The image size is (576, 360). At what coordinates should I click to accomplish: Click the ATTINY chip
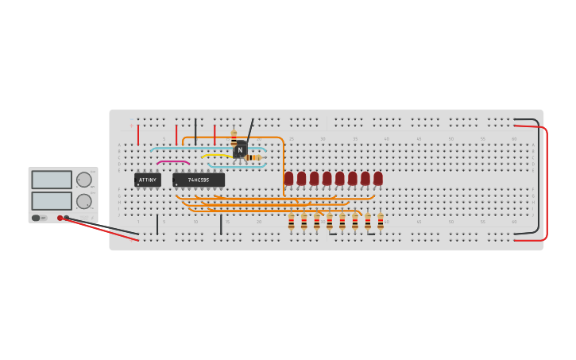coord(148,180)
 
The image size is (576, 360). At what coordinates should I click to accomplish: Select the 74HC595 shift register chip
coord(199,180)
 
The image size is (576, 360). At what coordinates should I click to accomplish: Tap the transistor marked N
coord(240,149)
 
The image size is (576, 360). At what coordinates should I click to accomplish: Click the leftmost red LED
coord(289,178)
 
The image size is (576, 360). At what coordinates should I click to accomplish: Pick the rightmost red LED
coord(378,178)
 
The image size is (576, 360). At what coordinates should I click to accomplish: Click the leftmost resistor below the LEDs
coord(292,222)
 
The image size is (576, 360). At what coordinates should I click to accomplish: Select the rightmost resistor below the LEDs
coord(381,222)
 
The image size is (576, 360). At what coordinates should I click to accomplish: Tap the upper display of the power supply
coord(52,180)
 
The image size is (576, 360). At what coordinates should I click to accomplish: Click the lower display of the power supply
coord(52,200)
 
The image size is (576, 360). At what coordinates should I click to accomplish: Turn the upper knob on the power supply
coord(83,180)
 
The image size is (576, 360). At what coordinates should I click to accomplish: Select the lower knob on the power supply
coord(83,201)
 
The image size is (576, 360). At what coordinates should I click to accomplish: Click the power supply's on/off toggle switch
coord(37,218)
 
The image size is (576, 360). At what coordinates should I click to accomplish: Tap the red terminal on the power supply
coord(60,218)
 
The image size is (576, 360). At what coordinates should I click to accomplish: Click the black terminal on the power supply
coord(67,218)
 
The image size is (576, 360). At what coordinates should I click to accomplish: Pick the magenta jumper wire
coord(172,162)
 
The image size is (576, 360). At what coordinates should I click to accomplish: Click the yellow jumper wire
coord(215,155)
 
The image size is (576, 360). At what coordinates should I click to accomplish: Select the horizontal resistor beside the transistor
coord(253,157)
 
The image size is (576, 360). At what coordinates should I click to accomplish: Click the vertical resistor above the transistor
coord(234,136)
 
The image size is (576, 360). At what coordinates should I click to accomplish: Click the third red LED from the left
coord(315,178)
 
